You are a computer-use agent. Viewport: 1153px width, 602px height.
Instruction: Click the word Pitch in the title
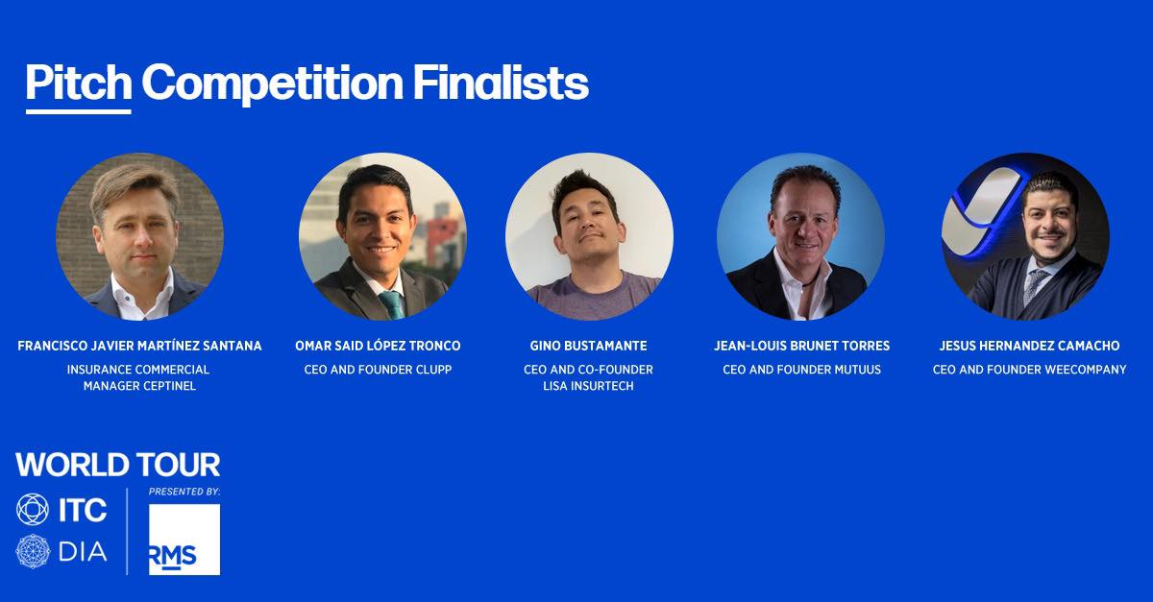point(79,83)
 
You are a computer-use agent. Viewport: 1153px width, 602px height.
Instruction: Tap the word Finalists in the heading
point(501,83)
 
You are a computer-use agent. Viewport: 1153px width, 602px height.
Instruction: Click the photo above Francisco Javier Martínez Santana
point(139,237)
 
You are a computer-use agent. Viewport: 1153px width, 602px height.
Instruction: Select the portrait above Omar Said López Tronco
point(383,237)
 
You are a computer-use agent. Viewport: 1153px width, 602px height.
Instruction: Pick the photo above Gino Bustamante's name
point(589,237)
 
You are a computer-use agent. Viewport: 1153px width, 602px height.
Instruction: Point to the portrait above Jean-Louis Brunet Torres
point(801,237)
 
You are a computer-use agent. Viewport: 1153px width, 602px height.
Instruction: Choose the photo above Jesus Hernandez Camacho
point(1025,237)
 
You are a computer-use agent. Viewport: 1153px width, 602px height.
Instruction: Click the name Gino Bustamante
point(588,346)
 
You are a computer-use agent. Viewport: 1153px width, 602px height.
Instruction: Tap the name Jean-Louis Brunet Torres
point(801,346)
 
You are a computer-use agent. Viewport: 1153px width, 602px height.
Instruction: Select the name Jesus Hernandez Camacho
point(1029,346)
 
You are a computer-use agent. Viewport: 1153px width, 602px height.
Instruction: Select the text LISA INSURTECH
point(588,386)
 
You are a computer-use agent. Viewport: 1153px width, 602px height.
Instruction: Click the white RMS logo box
point(184,540)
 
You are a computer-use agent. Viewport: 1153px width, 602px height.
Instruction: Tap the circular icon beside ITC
point(33,510)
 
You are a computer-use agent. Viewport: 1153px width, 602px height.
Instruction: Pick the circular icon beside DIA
point(33,551)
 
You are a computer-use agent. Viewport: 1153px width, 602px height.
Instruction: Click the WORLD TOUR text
point(118,465)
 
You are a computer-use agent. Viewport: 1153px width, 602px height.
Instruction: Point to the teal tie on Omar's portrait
point(393,304)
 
